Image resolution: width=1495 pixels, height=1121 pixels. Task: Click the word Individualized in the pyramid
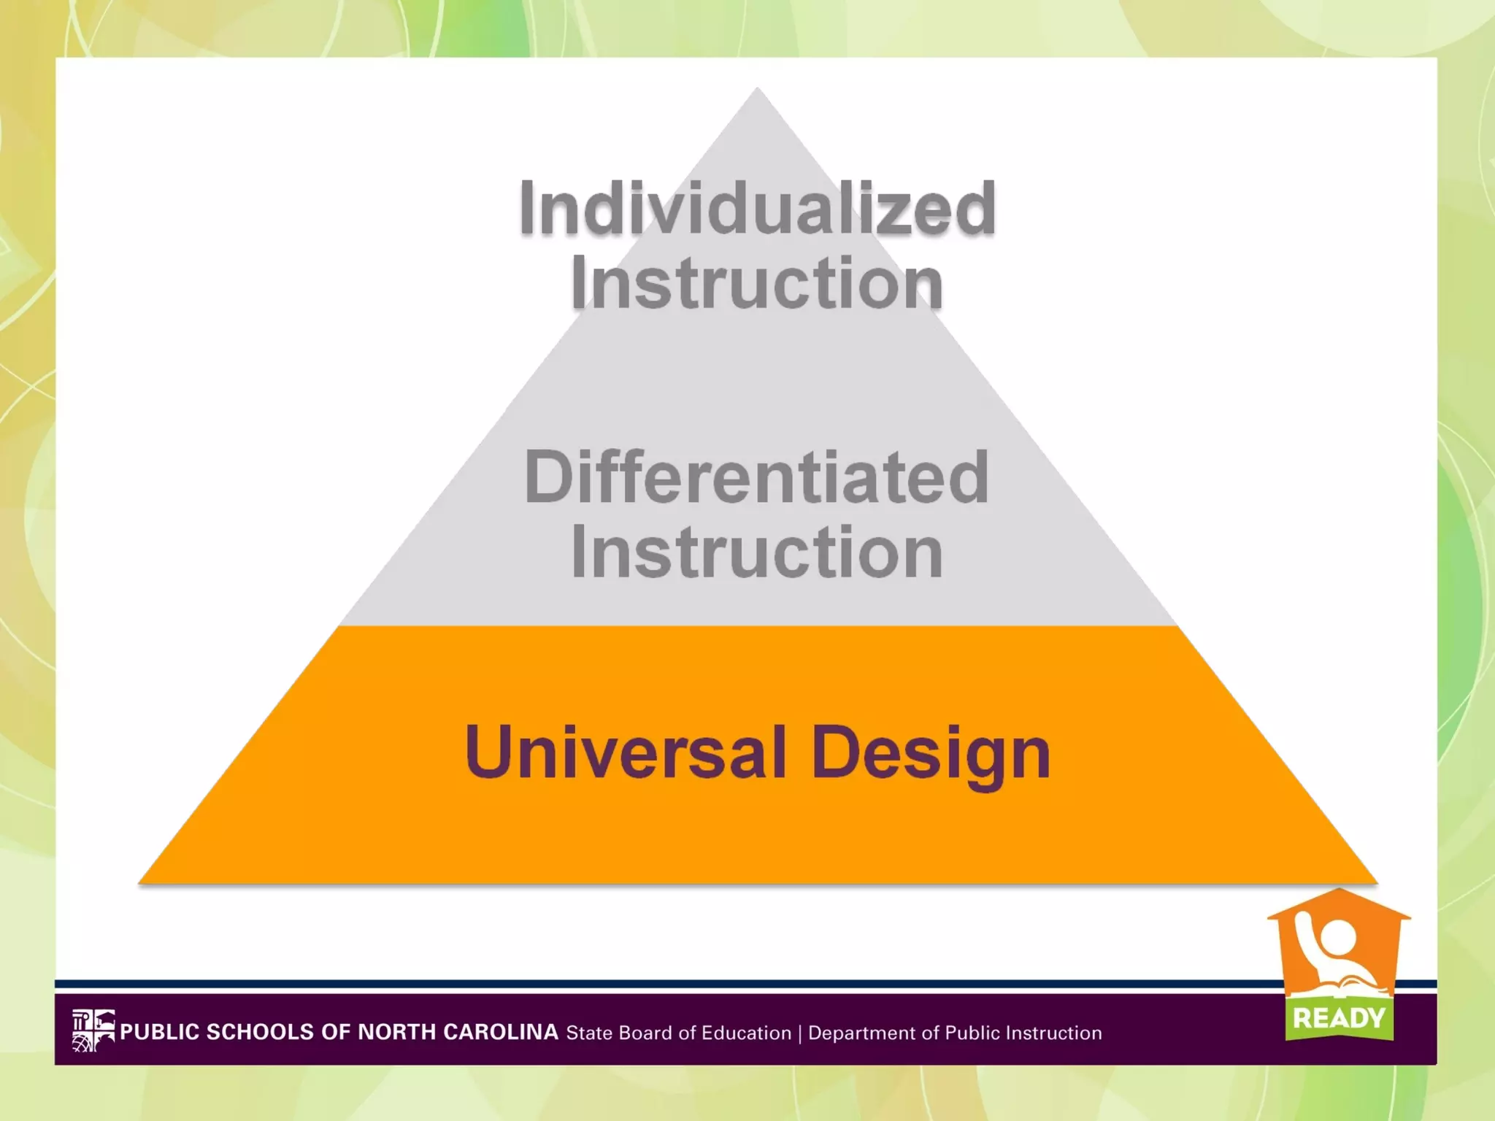[757, 209]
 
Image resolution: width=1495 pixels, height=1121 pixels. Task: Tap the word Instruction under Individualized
[757, 285]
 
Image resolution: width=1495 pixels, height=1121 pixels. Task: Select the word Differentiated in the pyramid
[757, 478]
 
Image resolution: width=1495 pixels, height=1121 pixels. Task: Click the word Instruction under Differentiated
[757, 553]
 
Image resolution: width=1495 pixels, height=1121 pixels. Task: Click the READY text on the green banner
[1339, 1018]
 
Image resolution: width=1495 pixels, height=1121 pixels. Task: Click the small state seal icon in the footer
[93, 1031]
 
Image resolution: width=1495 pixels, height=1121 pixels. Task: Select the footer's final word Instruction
[1053, 1033]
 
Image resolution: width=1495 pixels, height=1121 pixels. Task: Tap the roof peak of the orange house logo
[1338, 891]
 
